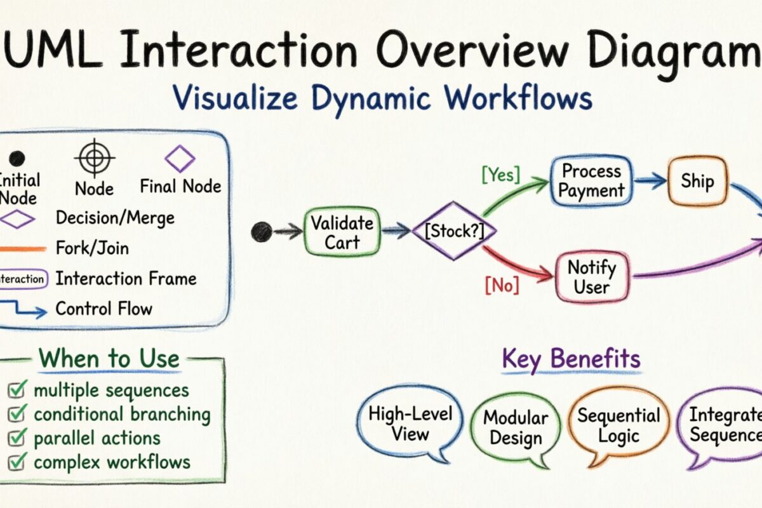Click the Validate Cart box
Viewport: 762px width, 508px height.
(342, 232)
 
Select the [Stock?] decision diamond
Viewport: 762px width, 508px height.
(453, 231)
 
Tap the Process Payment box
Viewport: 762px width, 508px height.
(592, 181)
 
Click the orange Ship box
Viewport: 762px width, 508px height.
(697, 181)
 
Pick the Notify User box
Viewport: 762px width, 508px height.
(592, 277)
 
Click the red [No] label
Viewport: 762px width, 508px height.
(502, 286)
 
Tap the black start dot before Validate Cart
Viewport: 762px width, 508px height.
(261, 232)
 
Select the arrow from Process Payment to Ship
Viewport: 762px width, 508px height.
(649, 182)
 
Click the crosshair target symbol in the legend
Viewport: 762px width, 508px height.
(94, 157)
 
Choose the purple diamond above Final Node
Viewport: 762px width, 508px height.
(180, 158)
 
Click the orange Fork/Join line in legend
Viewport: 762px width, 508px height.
(23, 248)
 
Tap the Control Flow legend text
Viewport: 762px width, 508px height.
(104, 309)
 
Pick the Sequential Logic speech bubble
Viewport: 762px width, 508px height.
(618, 425)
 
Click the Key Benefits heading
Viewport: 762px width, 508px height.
(571, 359)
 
